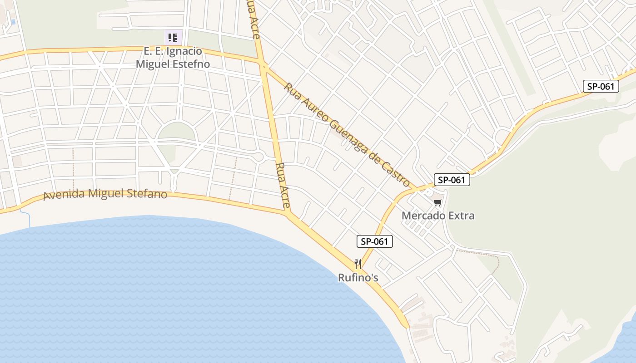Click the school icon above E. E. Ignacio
(x=173, y=37)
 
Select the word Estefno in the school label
(x=192, y=64)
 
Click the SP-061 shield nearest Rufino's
(x=375, y=241)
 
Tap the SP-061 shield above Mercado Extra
(x=452, y=180)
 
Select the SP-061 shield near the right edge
(x=601, y=86)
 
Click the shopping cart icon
(x=437, y=203)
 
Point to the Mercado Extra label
(x=438, y=216)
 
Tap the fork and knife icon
(x=358, y=264)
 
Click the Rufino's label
(x=358, y=277)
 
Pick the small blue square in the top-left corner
(x=13, y=22)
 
